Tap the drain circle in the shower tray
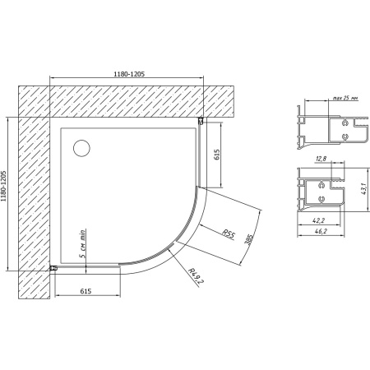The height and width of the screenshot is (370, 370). [x=81, y=148]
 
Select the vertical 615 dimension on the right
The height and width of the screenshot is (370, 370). [x=217, y=155]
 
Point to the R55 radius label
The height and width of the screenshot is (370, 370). [x=228, y=234]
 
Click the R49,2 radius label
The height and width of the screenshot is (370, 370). [x=195, y=275]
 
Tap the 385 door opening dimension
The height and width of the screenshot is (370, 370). [x=248, y=241]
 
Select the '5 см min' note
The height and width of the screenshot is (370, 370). [x=82, y=243]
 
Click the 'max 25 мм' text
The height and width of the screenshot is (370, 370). [x=345, y=98]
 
